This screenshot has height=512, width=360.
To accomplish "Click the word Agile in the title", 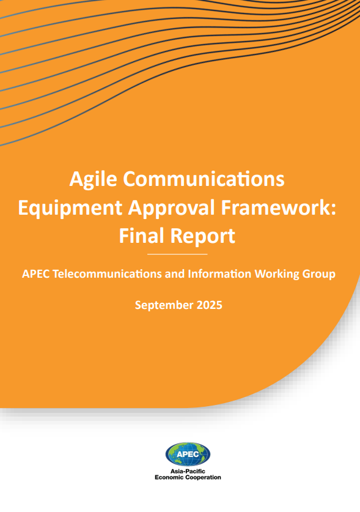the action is pyautogui.click(x=93, y=179).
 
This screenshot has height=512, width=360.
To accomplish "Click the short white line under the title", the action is pyautogui.click(x=177, y=254).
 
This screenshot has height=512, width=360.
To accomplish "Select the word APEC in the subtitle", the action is pyautogui.click(x=35, y=273).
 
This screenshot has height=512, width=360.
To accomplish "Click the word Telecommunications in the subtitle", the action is pyautogui.click(x=107, y=273).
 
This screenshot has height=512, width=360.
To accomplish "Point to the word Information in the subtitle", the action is pyautogui.click(x=219, y=273).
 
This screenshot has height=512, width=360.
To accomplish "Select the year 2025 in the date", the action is pyautogui.click(x=210, y=305).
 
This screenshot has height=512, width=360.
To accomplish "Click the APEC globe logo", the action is pyautogui.click(x=188, y=454).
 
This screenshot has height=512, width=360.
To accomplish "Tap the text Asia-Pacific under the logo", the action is pyautogui.click(x=188, y=471).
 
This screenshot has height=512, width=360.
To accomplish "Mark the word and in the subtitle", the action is pyautogui.click(x=175, y=273).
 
